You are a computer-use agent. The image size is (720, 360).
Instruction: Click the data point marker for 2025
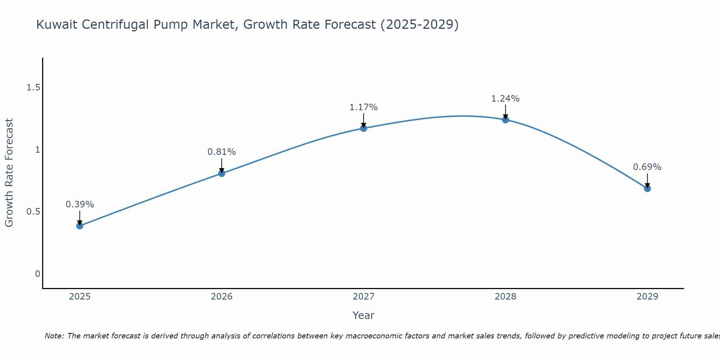80,226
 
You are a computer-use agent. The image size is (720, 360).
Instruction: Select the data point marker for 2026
221,174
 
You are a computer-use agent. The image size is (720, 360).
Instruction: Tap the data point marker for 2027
364,128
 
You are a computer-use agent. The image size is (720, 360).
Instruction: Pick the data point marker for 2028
505,120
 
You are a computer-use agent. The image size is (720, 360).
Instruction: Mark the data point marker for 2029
647,188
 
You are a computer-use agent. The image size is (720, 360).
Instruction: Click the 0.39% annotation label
80,204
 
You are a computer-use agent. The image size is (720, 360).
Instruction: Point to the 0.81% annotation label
221,152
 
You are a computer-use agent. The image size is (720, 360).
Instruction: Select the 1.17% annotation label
364,107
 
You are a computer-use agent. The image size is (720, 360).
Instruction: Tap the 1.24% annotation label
505,99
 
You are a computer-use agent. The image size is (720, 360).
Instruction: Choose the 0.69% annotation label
647,167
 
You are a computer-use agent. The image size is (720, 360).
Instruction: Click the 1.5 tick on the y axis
33,87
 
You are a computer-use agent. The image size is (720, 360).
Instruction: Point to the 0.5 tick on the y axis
33,212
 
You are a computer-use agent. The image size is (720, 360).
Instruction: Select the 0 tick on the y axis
37,274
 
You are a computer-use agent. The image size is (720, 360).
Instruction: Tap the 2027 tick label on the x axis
364,297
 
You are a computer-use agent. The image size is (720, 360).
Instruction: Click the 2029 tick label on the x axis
647,297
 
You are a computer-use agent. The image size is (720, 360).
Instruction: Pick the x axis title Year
364,315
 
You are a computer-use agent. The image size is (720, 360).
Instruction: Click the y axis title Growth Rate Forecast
9,173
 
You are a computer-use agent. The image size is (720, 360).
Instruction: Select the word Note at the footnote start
54,336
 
